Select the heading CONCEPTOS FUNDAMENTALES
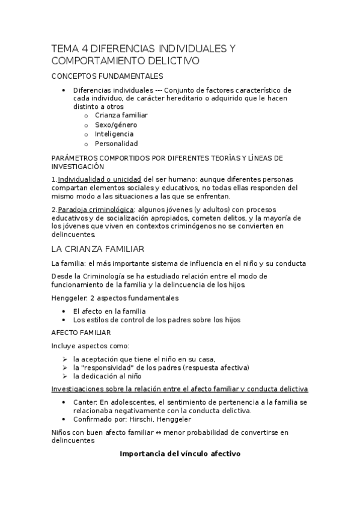pos(107,76)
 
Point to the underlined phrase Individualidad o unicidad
pos(99,179)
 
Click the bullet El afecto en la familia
pos(109,311)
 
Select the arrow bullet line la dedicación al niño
pos(107,376)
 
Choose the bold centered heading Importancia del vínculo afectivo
pos(180,453)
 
